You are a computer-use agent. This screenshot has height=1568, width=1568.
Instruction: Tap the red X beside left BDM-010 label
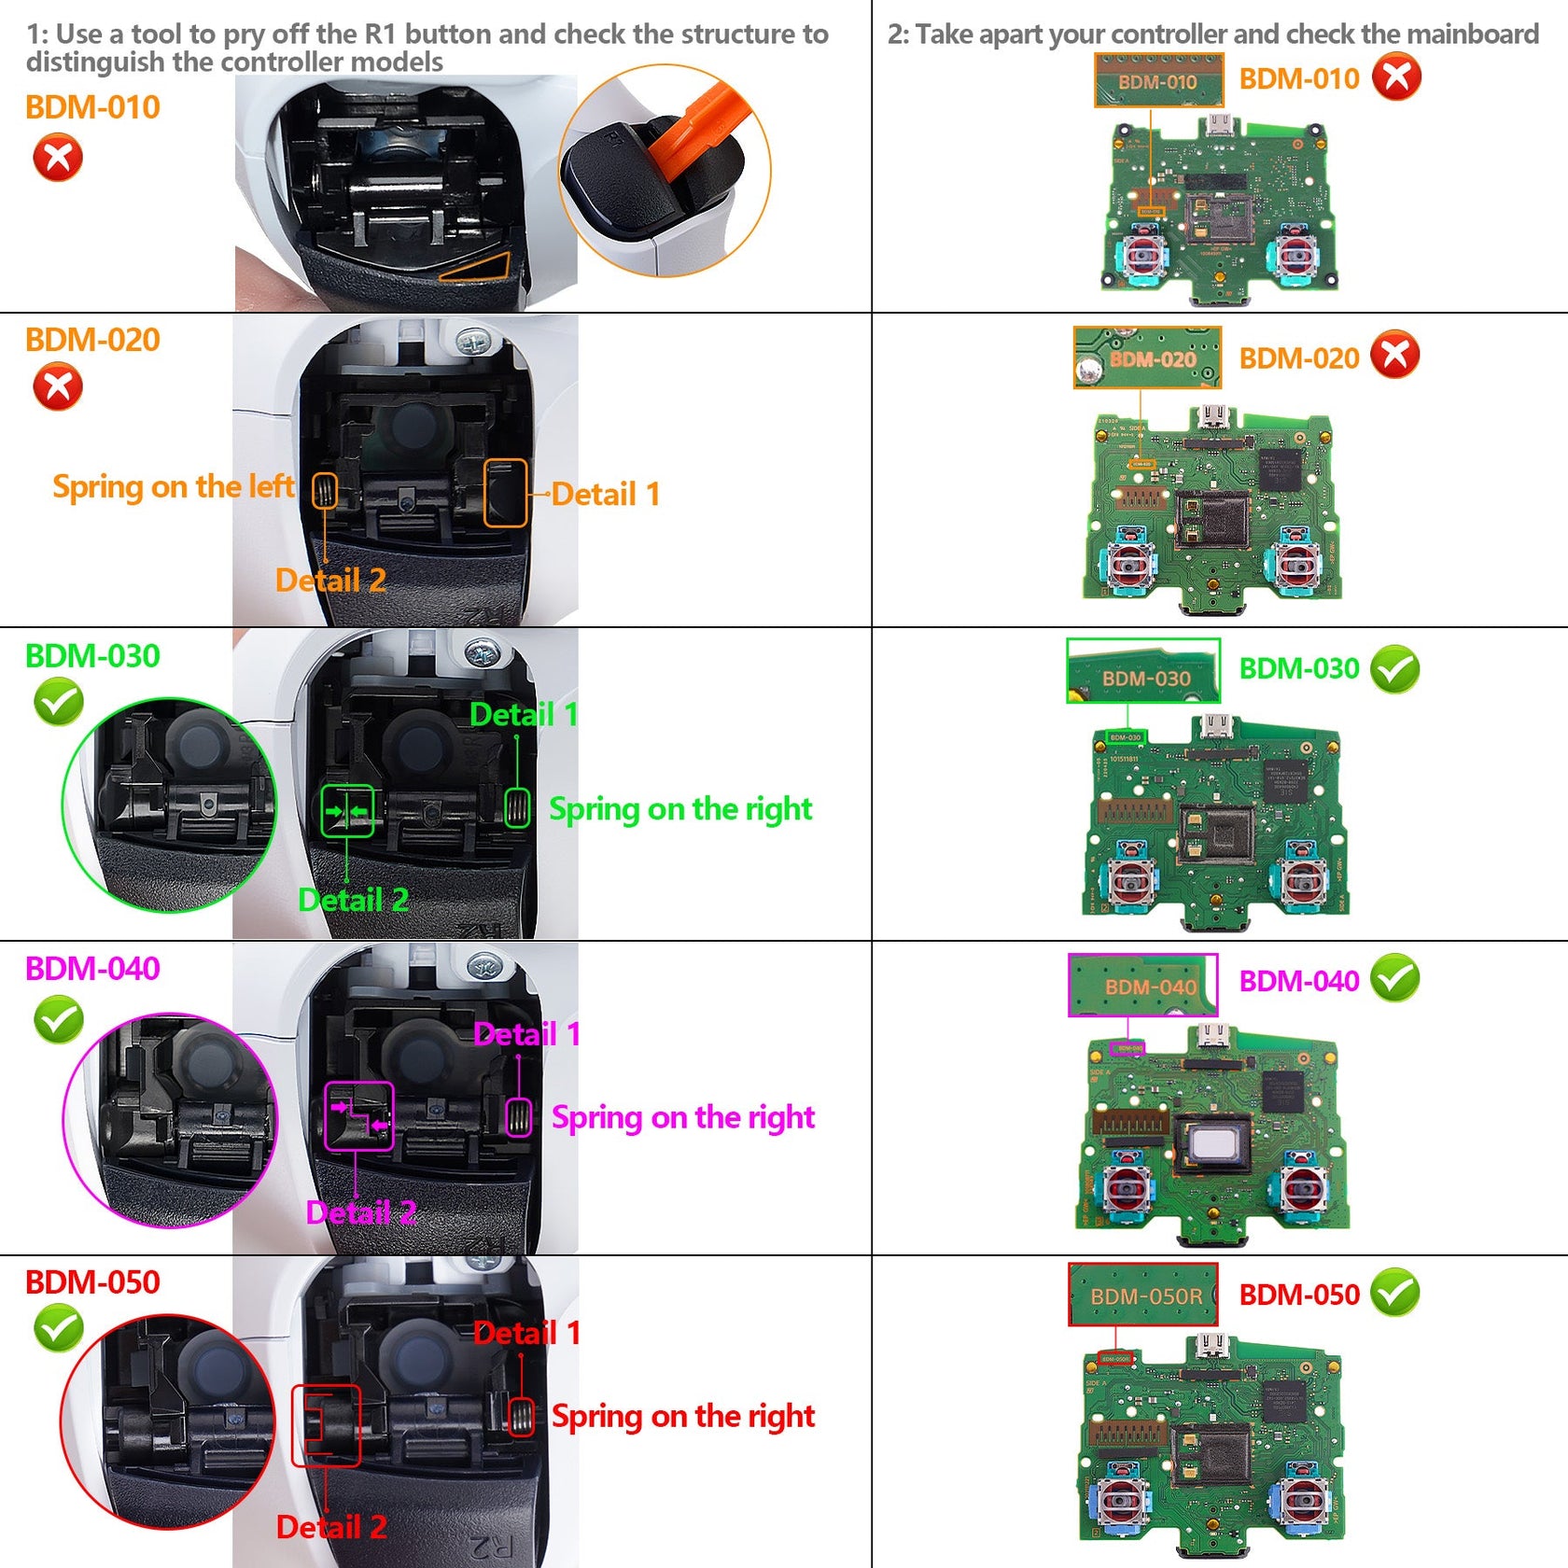(x=58, y=157)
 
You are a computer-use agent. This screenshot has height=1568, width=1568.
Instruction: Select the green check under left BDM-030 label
(x=58, y=703)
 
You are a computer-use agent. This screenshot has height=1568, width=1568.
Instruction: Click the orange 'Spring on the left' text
(x=173, y=486)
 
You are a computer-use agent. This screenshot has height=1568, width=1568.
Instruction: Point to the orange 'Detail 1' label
(x=606, y=494)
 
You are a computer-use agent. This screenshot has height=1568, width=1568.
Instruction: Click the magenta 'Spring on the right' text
(x=682, y=1117)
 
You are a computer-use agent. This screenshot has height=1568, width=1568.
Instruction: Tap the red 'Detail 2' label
(x=331, y=1528)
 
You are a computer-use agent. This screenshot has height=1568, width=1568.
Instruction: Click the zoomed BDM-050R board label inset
(x=1143, y=1295)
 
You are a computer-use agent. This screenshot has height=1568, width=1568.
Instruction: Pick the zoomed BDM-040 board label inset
(x=1143, y=986)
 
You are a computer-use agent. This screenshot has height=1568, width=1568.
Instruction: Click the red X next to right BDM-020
(x=1395, y=356)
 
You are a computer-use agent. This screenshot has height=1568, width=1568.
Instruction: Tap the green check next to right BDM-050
(x=1395, y=1293)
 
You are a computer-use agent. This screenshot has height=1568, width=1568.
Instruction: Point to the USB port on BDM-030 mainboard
(x=1214, y=725)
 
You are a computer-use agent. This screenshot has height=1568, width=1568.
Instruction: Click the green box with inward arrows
(x=347, y=811)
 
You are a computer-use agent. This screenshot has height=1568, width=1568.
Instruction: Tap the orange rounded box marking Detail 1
(x=506, y=493)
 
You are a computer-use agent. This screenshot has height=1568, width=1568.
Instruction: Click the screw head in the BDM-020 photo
(x=474, y=343)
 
